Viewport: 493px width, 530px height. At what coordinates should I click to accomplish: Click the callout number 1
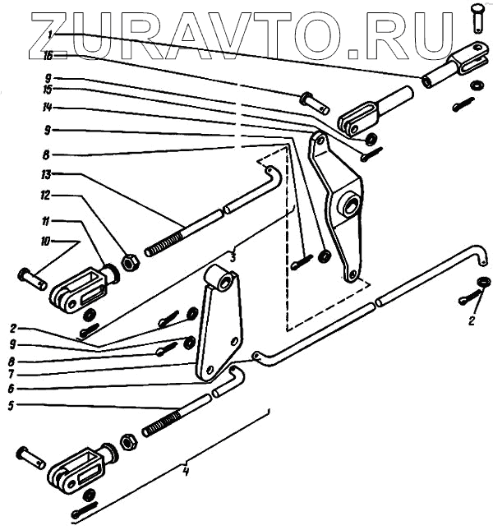tap(50, 34)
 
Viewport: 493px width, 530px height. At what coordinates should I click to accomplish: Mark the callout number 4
tap(187, 472)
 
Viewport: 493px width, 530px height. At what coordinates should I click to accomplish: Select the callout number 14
tap(49, 108)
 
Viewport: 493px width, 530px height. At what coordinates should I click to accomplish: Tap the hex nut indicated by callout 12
tap(130, 264)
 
